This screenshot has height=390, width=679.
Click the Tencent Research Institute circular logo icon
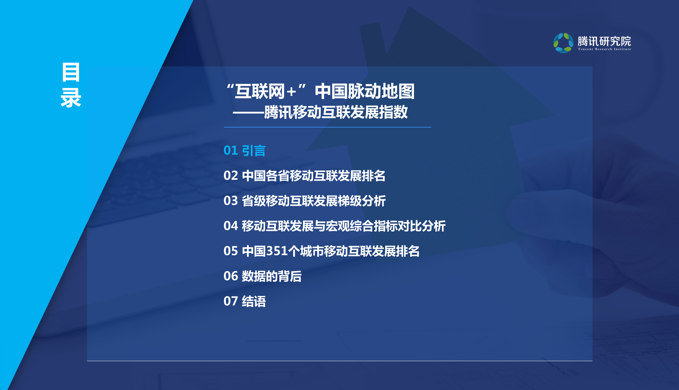(x=563, y=43)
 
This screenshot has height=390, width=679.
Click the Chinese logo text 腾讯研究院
(x=604, y=41)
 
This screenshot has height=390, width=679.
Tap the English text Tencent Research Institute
(x=604, y=49)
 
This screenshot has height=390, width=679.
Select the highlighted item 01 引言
(x=244, y=151)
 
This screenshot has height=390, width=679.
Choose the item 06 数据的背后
(x=262, y=276)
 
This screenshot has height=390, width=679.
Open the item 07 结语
(x=244, y=301)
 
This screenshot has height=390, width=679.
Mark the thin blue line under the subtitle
(x=327, y=127)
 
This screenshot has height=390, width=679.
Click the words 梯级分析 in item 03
(x=362, y=201)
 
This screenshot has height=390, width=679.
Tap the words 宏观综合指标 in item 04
(x=362, y=226)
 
